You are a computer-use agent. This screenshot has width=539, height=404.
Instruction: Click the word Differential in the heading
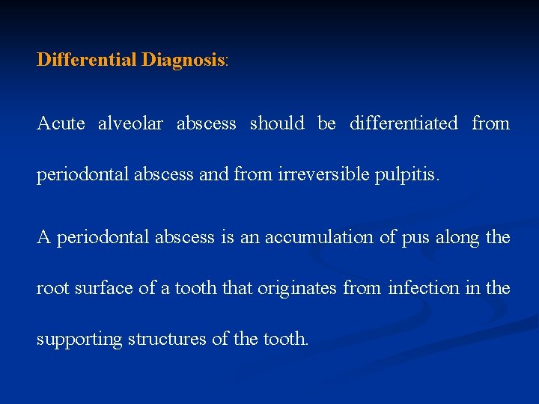point(87,60)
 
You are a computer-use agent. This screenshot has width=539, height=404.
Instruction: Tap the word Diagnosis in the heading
point(183,60)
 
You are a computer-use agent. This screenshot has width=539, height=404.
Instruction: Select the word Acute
point(61,123)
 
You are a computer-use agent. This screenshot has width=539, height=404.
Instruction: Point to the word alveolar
point(130,123)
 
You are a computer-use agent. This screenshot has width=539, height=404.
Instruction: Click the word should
point(277,123)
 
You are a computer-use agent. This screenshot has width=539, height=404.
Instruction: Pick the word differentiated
point(404,123)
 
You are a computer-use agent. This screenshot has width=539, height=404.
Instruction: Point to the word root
point(53,288)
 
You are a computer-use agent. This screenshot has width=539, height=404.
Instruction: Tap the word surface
point(104,288)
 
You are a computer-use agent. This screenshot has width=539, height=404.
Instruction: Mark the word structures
point(168,339)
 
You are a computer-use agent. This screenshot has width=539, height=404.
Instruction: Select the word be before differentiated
point(326,123)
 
